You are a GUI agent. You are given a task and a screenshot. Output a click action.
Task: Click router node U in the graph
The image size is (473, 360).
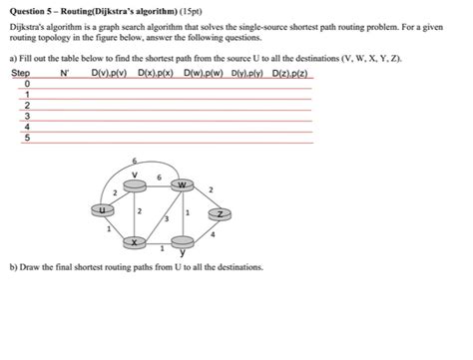point(100,209)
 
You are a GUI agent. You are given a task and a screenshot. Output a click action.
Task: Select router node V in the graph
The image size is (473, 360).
point(135,182)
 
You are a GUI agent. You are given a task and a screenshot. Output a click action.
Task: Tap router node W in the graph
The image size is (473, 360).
point(181,185)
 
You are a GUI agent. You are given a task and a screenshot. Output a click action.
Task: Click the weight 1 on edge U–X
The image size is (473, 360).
point(108,228)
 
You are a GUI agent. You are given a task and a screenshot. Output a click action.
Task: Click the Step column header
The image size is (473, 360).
point(20,74)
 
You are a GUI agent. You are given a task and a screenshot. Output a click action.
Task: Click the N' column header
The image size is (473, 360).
point(65,74)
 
